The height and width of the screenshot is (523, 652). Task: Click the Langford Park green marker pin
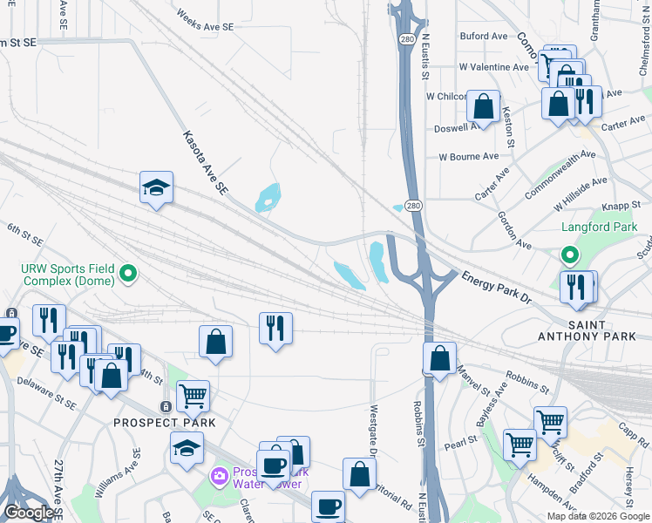click(x=569, y=255)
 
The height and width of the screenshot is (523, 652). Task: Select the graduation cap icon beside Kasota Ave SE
click(x=157, y=188)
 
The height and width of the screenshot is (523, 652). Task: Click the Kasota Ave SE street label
click(x=205, y=162)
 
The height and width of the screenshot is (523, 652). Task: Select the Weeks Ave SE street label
click(x=205, y=21)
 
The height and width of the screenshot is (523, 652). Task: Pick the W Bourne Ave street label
click(x=468, y=157)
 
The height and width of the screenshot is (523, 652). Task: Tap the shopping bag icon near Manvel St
click(x=441, y=358)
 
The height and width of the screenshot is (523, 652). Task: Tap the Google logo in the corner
click(x=28, y=513)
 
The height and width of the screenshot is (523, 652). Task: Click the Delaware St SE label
click(x=43, y=397)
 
